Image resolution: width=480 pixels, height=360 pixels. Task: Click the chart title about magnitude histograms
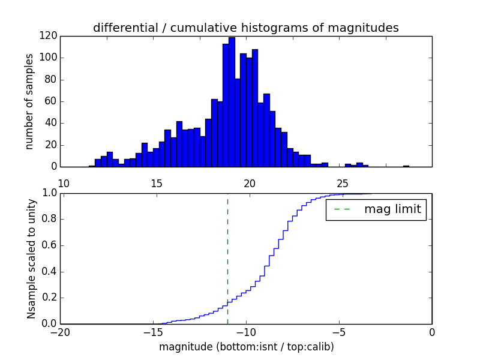click(x=245, y=28)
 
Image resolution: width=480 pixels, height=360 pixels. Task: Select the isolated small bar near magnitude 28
click(x=406, y=166)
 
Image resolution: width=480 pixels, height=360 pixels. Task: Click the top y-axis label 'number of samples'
click(x=29, y=101)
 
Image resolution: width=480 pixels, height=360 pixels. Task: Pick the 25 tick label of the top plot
click(x=343, y=183)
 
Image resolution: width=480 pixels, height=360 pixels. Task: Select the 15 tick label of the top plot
click(x=156, y=183)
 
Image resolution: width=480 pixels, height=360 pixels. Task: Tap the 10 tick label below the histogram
click(x=64, y=183)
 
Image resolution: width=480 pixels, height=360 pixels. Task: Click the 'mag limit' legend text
click(x=392, y=209)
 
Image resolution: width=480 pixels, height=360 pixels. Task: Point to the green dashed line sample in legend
click(x=342, y=209)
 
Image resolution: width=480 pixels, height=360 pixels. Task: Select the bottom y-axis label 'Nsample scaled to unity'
click(x=31, y=258)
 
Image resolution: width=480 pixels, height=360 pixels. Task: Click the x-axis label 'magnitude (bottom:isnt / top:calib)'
click(x=246, y=347)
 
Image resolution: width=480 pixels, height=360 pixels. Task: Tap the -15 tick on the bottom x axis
click(x=153, y=332)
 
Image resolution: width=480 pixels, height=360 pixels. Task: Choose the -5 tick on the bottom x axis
click(x=339, y=332)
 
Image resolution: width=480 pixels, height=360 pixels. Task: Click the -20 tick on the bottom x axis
click(x=60, y=332)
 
